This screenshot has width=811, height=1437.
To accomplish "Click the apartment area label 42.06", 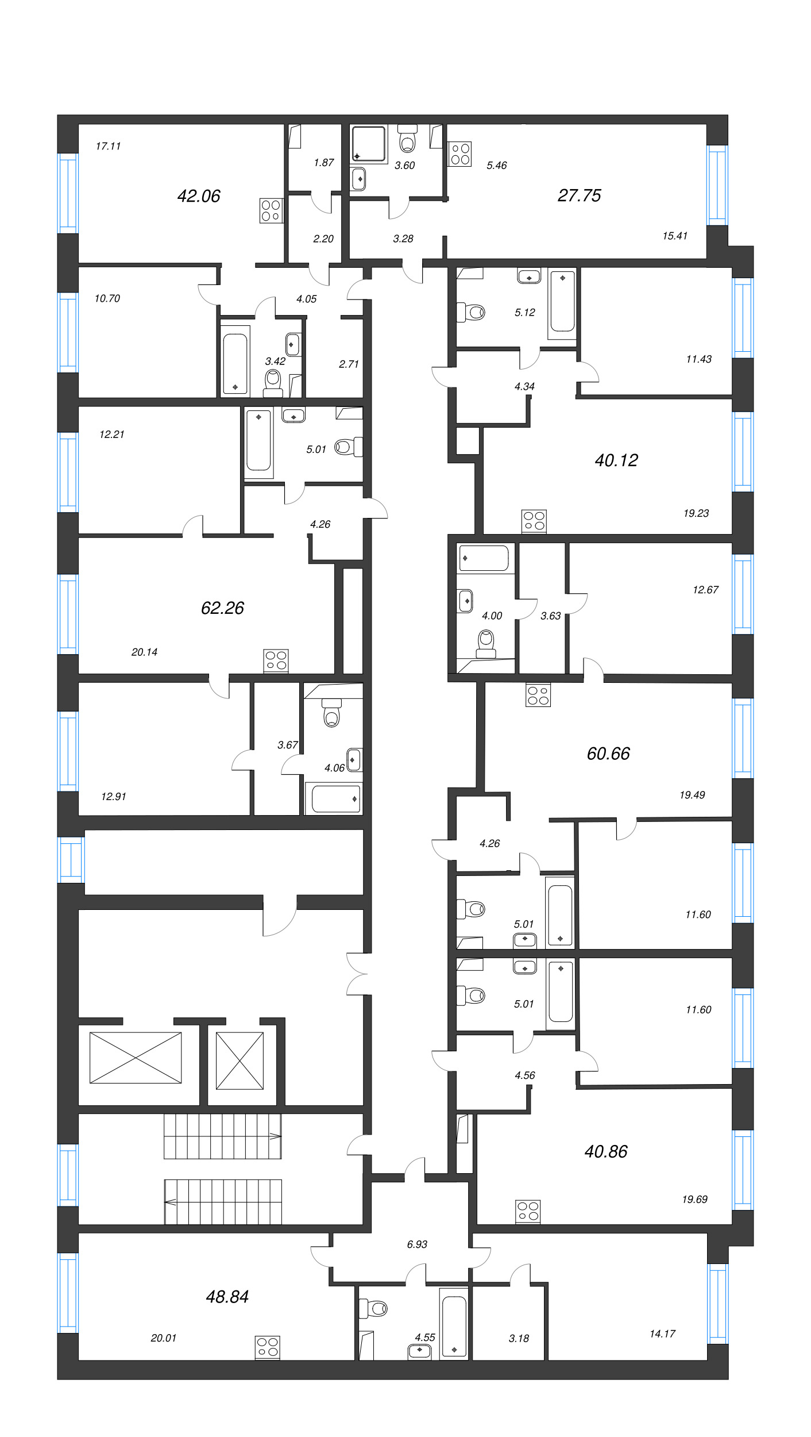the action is [199, 196].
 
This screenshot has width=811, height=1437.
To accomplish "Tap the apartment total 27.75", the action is [579, 195].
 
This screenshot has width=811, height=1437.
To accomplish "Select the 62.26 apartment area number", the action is [222, 608].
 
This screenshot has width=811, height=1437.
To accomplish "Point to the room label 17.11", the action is [108, 146].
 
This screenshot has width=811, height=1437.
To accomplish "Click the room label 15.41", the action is [674, 236].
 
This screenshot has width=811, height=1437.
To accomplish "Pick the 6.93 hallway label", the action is [417, 1244].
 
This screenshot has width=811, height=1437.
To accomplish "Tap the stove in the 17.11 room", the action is [271, 210].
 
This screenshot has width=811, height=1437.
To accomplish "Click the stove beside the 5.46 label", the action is [459, 153].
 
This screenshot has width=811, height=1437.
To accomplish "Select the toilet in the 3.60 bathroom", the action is [407, 138].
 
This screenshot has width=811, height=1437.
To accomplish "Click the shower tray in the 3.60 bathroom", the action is [369, 144].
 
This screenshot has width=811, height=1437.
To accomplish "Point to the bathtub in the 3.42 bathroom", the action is [235, 361].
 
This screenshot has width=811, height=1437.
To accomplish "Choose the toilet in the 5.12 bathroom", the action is [470, 313].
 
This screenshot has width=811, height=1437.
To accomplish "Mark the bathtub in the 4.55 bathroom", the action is [454, 1324].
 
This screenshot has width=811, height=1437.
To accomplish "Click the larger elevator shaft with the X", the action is [136, 1058].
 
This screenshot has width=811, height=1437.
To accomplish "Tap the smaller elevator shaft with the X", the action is [240, 1061].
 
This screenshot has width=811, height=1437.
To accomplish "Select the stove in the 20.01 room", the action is [267, 1347].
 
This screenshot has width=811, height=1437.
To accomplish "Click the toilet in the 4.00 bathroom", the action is [486, 644].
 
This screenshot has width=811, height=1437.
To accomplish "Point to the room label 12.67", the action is [705, 590].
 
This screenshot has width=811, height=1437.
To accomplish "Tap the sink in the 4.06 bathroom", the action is [354, 760].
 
